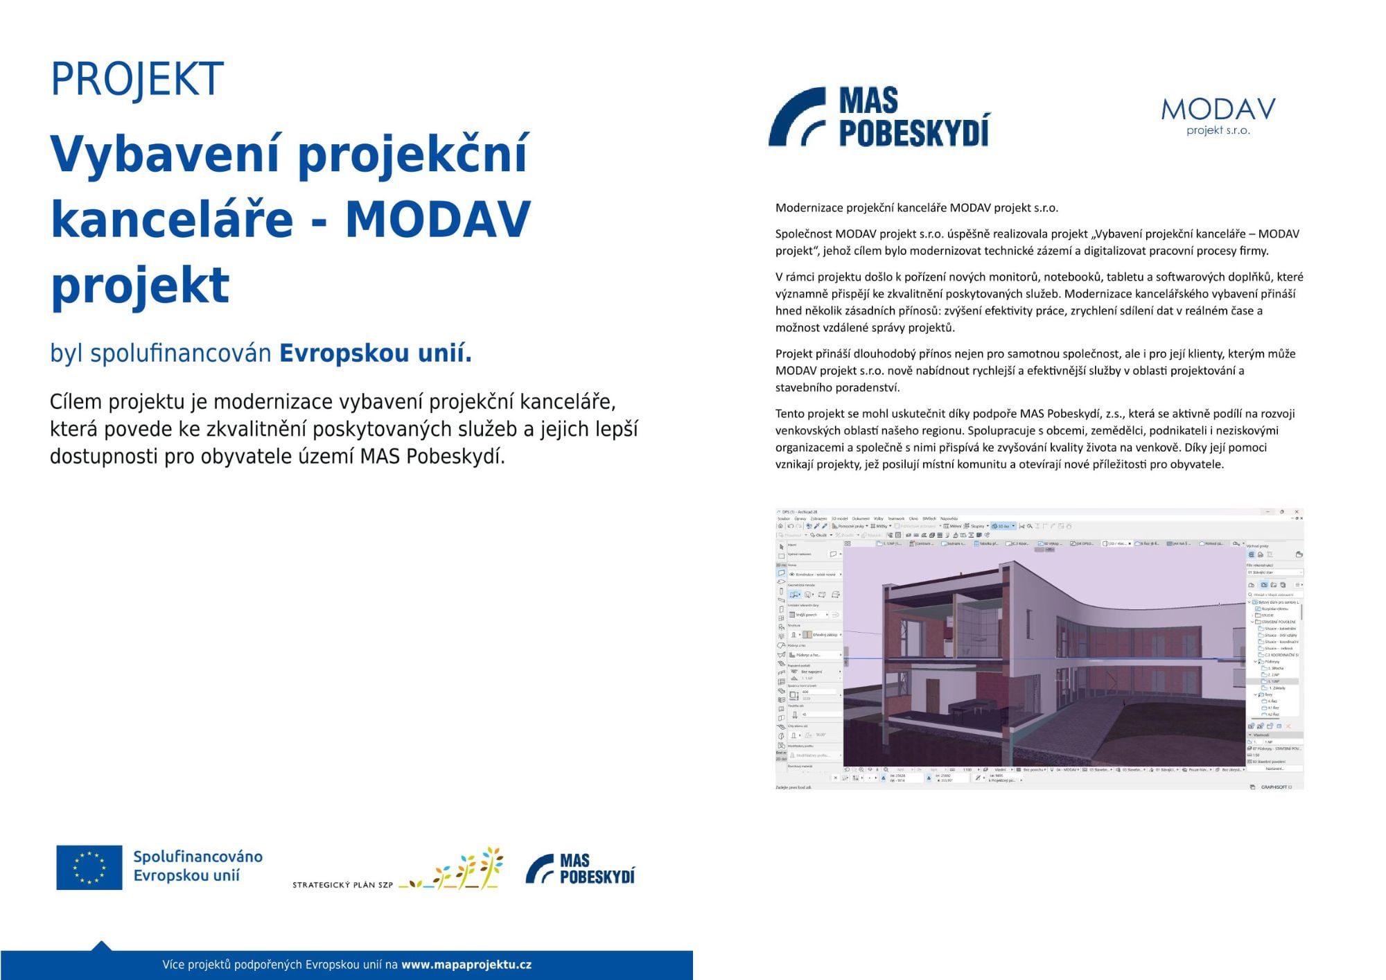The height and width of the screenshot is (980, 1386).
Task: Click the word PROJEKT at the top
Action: (137, 78)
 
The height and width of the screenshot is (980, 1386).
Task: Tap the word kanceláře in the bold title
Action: (172, 219)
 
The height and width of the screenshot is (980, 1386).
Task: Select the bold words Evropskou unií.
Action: (375, 353)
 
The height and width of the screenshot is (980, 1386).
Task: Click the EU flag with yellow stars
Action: (89, 867)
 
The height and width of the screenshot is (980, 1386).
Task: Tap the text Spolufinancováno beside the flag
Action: (198, 857)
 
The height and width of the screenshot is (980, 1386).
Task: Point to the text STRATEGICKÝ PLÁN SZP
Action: (342, 885)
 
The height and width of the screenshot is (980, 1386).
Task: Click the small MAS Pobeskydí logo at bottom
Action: (580, 869)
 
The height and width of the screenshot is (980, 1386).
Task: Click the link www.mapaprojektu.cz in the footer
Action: (466, 964)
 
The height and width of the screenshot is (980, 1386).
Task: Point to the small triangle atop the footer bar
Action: (101, 945)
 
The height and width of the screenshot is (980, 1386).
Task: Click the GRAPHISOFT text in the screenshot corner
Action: (1275, 787)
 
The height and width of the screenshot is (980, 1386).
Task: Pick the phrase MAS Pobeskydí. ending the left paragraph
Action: (432, 457)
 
